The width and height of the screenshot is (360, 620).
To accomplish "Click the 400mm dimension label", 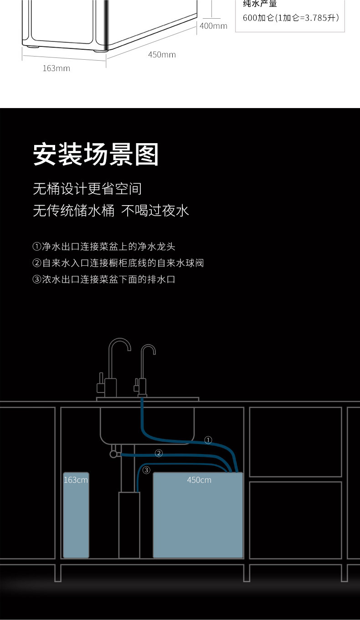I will tap(213, 26).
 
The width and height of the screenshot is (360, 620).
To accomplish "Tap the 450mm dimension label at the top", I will tap(162, 55).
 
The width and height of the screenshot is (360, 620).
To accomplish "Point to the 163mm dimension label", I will tap(56, 68).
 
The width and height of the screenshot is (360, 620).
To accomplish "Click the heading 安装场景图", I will tap(96, 155).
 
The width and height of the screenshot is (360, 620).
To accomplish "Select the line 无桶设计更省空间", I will tap(87, 189).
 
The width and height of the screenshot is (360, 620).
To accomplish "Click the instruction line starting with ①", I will tap(104, 247).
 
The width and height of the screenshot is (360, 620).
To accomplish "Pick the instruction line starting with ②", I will tap(118, 263).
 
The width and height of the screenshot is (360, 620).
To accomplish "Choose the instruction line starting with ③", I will tap(104, 279).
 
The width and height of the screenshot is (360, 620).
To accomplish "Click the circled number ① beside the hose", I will tap(208, 440).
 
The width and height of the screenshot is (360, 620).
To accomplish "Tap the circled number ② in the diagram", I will tap(159, 453).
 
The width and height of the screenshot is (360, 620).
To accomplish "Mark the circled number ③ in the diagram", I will tap(146, 470).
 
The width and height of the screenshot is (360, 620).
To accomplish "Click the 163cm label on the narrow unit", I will tap(76, 480).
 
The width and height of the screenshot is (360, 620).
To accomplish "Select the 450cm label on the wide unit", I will tap(199, 480).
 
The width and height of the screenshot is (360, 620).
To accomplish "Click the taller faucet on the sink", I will tap(114, 365).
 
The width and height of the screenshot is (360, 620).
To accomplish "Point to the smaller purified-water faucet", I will tap(145, 369).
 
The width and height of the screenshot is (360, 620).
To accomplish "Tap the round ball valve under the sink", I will tap(113, 454).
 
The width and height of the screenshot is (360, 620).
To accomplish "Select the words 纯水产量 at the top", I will tap(260, 4).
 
